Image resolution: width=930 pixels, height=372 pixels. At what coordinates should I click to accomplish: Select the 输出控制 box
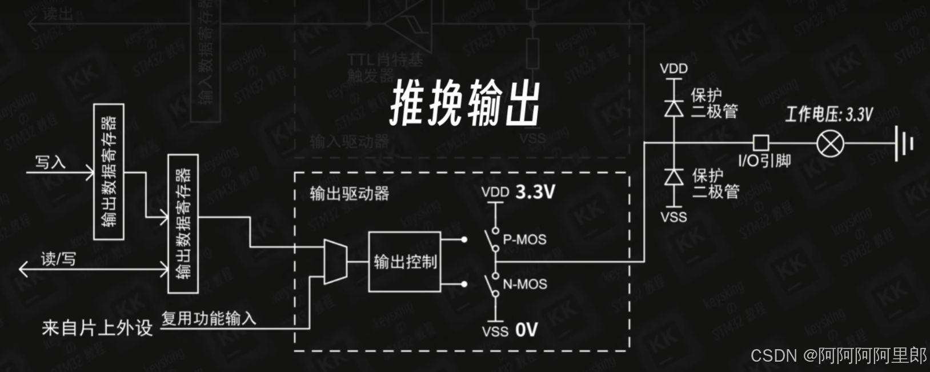click(x=404, y=262)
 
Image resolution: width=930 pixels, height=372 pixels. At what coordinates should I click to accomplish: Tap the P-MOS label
click(x=524, y=239)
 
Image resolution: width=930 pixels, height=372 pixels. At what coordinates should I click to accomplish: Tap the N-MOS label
click(x=525, y=284)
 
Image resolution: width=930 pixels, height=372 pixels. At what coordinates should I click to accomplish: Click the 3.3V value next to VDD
click(x=535, y=192)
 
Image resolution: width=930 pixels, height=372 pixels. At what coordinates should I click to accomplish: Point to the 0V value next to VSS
click(x=526, y=330)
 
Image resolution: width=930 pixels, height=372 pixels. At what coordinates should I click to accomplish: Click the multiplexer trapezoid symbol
click(x=335, y=262)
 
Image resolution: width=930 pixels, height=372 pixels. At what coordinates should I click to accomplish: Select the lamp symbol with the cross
click(x=830, y=143)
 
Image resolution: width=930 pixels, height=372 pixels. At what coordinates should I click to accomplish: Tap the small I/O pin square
click(x=760, y=143)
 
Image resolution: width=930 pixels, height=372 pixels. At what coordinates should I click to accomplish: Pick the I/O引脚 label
click(x=764, y=161)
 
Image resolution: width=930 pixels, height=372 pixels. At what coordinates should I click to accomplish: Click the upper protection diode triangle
click(x=674, y=108)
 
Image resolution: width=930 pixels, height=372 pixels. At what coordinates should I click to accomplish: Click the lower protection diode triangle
click(x=674, y=177)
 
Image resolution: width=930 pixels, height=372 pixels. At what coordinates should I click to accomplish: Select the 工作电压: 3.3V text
click(x=829, y=114)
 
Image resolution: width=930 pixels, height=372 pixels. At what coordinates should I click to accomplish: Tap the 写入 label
click(x=50, y=162)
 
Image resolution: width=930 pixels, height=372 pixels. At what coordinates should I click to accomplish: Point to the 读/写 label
click(x=58, y=259)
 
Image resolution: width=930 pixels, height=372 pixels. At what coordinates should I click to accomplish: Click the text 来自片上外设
click(x=97, y=328)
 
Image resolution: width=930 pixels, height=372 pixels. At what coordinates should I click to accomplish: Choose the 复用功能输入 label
click(x=209, y=318)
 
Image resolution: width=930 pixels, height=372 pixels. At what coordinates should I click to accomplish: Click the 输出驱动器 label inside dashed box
click(x=349, y=194)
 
